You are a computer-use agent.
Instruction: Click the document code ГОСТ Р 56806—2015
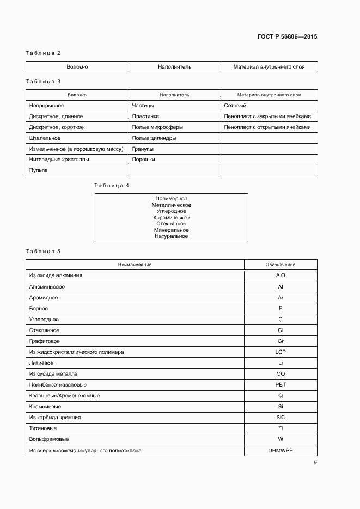click(287, 37)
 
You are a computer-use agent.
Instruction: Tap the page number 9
click(315, 463)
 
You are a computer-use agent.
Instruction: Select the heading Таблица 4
click(112, 186)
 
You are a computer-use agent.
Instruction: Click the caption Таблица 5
click(43, 251)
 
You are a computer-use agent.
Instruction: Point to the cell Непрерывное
click(46, 106)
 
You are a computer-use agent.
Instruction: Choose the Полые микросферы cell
click(157, 127)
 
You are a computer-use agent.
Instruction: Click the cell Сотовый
click(235, 106)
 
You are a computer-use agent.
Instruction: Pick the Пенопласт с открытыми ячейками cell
click(267, 127)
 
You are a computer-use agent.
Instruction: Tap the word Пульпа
click(38, 170)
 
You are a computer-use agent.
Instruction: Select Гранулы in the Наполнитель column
click(143, 149)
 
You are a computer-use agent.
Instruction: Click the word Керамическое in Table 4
click(171, 218)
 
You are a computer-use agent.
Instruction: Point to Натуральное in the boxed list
click(171, 236)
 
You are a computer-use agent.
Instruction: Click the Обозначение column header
click(280, 265)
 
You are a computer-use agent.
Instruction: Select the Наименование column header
click(135, 265)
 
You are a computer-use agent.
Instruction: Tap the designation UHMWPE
click(280, 450)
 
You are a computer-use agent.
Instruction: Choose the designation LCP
click(280, 352)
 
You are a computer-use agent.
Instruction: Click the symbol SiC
click(280, 418)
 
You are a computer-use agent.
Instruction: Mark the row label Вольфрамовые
click(49, 439)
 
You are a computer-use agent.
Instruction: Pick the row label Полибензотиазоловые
click(58, 385)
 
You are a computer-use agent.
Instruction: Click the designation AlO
click(280, 275)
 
